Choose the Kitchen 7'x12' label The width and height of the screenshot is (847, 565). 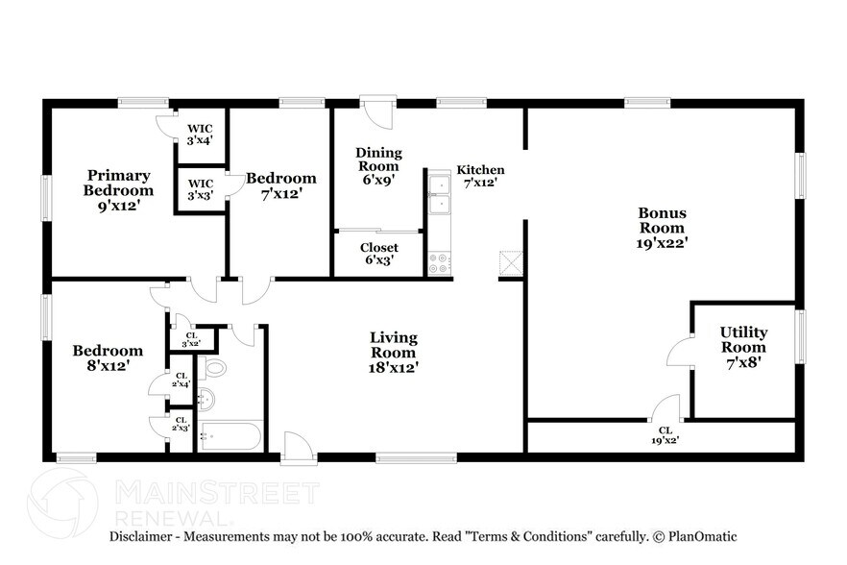tap(479, 176)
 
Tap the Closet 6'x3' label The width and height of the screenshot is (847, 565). tap(378, 255)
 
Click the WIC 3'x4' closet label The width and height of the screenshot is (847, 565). tap(200, 134)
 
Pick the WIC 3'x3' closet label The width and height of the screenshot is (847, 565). tap(199, 188)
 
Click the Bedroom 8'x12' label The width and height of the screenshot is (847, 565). tap(108, 357)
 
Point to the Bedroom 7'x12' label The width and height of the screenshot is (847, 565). tap(280, 185)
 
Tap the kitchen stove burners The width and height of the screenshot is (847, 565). tap(440, 263)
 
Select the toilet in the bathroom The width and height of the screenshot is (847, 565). tap(213, 367)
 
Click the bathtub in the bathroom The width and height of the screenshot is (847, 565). tap(230, 437)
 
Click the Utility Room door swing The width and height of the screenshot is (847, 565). tap(678, 352)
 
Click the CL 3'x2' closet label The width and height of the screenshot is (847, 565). tap(190, 339)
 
